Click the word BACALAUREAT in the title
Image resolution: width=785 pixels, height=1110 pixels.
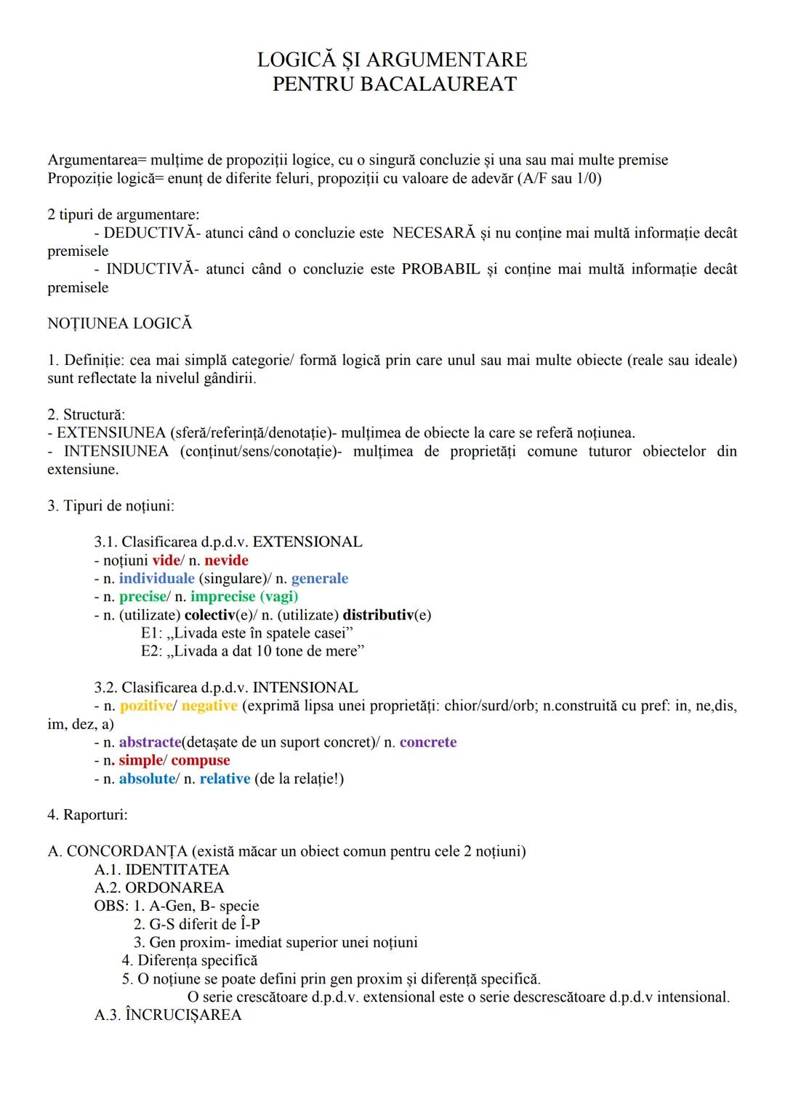(438, 84)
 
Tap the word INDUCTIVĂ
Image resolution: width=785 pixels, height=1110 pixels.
(151, 270)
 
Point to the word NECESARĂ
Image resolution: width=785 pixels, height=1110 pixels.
(434, 233)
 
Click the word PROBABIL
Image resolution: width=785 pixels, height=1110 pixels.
(441, 270)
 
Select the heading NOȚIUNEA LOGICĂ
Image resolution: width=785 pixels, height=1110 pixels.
(120, 324)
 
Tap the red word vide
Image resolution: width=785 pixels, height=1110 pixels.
(166, 560)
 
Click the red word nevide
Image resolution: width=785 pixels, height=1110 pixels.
(227, 560)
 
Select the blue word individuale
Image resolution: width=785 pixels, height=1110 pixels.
(156, 579)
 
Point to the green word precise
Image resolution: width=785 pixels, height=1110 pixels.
(142, 597)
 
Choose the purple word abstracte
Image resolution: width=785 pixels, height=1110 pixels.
(150, 742)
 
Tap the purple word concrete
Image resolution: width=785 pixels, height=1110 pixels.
(428, 742)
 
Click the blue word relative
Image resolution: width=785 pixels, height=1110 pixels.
(225, 779)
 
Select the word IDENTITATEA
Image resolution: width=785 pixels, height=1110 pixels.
(177, 870)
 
